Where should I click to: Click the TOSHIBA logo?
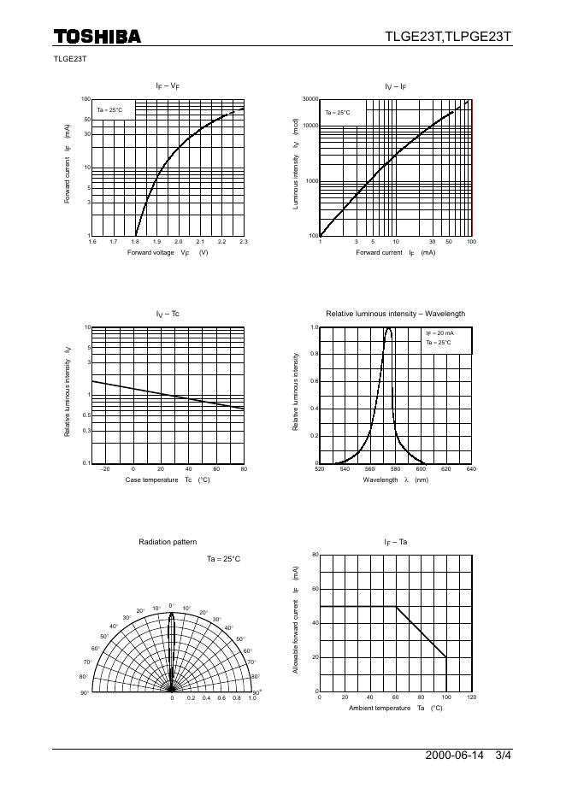click(97, 36)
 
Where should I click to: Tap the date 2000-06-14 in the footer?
click(454, 756)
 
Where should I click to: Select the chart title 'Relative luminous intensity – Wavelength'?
click(395, 314)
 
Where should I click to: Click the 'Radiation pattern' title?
click(168, 542)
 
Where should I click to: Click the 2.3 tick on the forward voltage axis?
click(244, 243)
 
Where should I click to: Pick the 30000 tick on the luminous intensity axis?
click(310, 99)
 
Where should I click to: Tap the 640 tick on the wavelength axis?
click(470, 469)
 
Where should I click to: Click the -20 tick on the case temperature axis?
click(105, 469)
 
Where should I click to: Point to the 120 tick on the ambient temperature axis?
click(471, 697)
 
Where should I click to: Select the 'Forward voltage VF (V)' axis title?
click(168, 253)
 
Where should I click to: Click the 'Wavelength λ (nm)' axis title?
click(395, 480)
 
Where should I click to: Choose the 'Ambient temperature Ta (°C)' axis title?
click(395, 709)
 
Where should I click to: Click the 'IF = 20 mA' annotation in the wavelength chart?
click(440, 333)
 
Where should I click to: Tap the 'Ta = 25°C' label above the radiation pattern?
click(224, 558)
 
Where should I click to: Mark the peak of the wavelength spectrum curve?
click(388, 328)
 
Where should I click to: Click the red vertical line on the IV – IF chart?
click(472, 168)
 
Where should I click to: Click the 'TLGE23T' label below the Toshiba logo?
click(69, 59)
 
